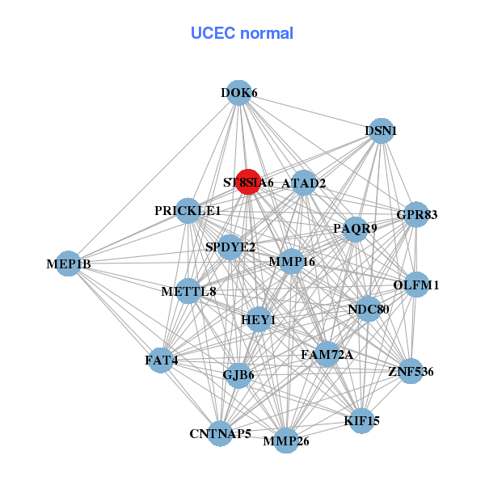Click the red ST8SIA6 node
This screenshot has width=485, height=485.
click(x=248, y=182)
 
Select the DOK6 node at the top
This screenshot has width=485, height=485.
click(x=238, y=93)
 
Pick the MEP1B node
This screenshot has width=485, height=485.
click(x=68, y=264)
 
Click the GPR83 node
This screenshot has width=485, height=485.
click(x=415, y=215)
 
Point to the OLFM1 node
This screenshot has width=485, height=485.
click(x=415, y=285)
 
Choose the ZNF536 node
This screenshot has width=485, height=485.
click(x=411, y=371)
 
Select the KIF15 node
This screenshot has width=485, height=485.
click(x=361, y=420)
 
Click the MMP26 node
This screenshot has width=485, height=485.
click(x=285, y=441)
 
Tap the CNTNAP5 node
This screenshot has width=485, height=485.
click(x=220, y=433)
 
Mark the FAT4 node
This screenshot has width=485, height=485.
click(x=161, y=359)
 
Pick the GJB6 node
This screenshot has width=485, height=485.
click(x=238, y=374)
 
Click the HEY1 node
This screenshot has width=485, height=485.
click(x=259, y=320)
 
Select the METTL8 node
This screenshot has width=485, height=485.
click(x=188, y=291)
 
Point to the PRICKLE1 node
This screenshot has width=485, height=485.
click(x=188, y=211)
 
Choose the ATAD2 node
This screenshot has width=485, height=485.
click(x=303, y=183)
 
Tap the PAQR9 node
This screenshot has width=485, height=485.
click(x=356, y=229)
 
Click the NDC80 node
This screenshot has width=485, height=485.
click(x=369, y=309)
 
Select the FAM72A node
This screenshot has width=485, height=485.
click(x=327, y=354)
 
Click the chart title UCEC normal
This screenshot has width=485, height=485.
click(x=242, y=33)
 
